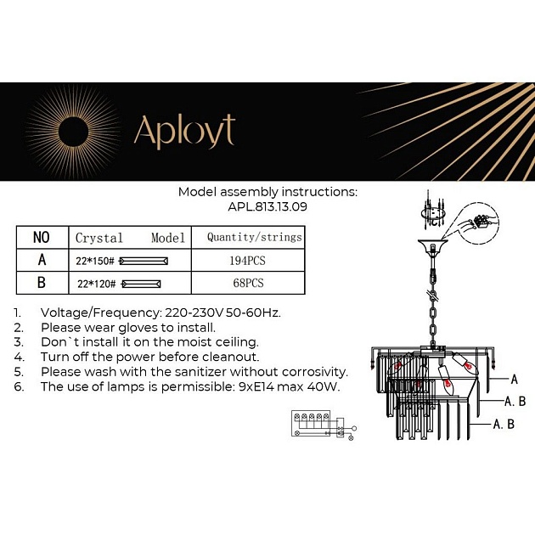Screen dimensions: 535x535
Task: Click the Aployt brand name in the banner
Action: (183, 132)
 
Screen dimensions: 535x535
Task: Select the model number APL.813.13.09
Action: (267, 206)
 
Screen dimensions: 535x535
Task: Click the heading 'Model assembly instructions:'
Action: (267, 192)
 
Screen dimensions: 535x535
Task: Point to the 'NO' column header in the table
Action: (41, 238)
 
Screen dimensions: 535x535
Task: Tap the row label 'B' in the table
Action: (41, 283)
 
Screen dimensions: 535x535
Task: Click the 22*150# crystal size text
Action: (95, 261)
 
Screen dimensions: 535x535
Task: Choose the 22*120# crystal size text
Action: (95, 284)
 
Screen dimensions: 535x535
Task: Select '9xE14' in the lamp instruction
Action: (251, 386)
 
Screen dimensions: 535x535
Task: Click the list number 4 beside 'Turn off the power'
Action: (18, 357)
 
